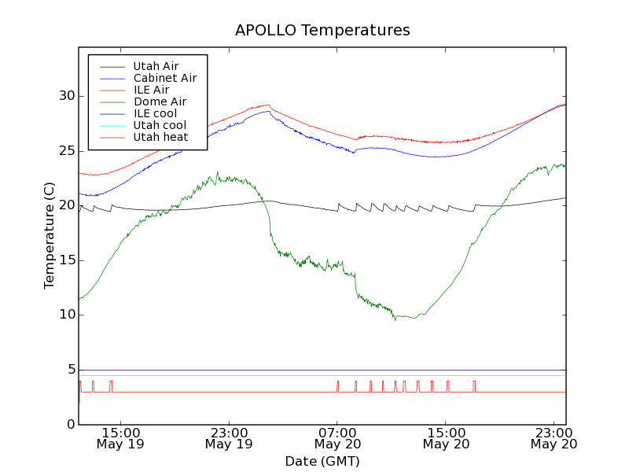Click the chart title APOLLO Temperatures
[322, 31]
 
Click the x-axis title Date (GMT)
[322, 461]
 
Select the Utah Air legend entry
[156, 66]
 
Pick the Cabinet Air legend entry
[164, 78]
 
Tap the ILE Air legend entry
[151, 90]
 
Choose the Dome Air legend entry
[160, 101]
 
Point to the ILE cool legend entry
[155, 113]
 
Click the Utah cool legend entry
[160, 125]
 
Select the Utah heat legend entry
[160, 137]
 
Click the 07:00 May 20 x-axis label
[337, 438]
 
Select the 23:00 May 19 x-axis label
[229, 438]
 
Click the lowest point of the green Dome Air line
[395, 319]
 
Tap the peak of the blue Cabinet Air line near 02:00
[268, 112]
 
